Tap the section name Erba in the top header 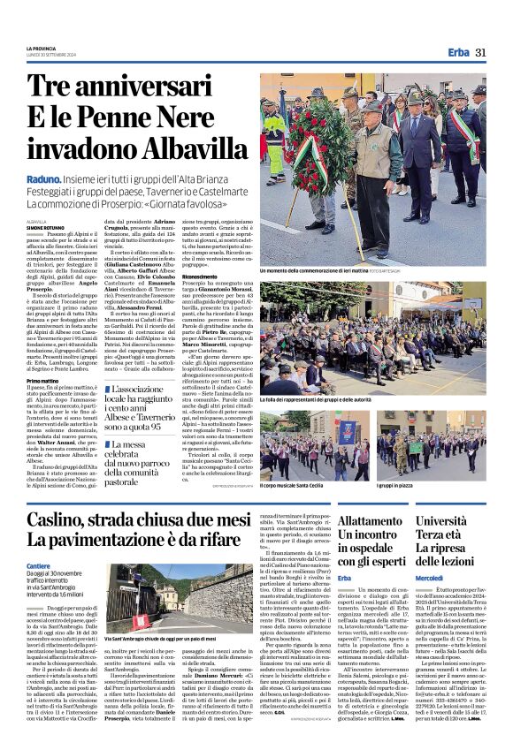(x=458, y=53)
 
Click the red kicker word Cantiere (x=38, y=564)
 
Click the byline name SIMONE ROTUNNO (x=46, y=227)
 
